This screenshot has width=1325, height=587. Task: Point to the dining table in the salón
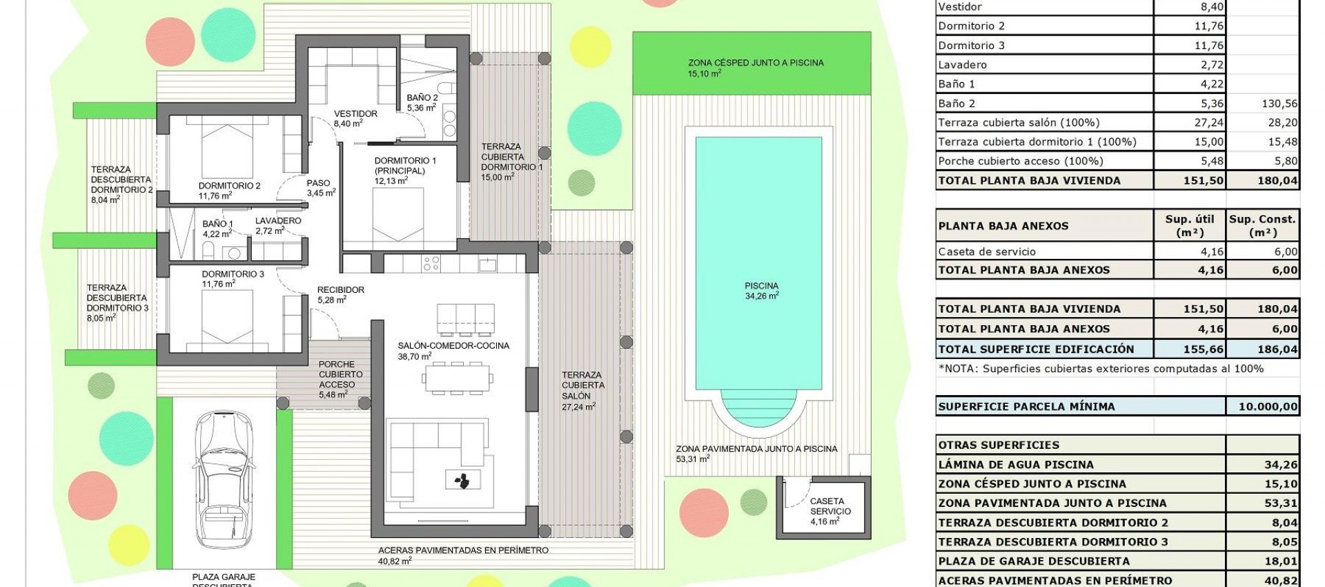[458, 378]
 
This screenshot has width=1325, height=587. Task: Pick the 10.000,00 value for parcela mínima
[1267, 407]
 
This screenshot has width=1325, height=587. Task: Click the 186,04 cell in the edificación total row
[1277, 349]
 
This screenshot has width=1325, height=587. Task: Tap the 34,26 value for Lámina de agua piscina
[1280, 465]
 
